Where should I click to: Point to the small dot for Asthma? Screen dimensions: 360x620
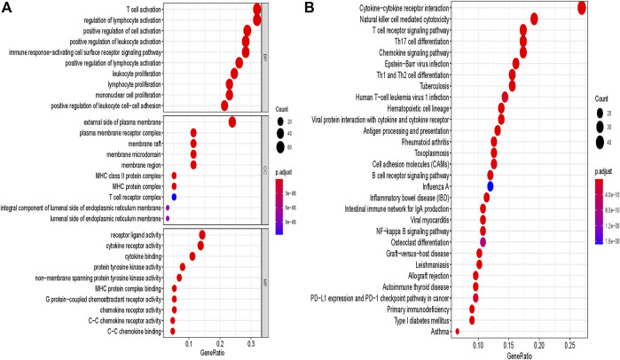[x=457, y=332]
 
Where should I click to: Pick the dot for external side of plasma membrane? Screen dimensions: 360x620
[x=232, y=122]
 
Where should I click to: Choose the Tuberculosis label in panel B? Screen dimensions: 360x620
[x=417, y=86]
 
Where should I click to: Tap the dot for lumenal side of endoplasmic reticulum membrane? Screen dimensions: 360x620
[x=168, y=218]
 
